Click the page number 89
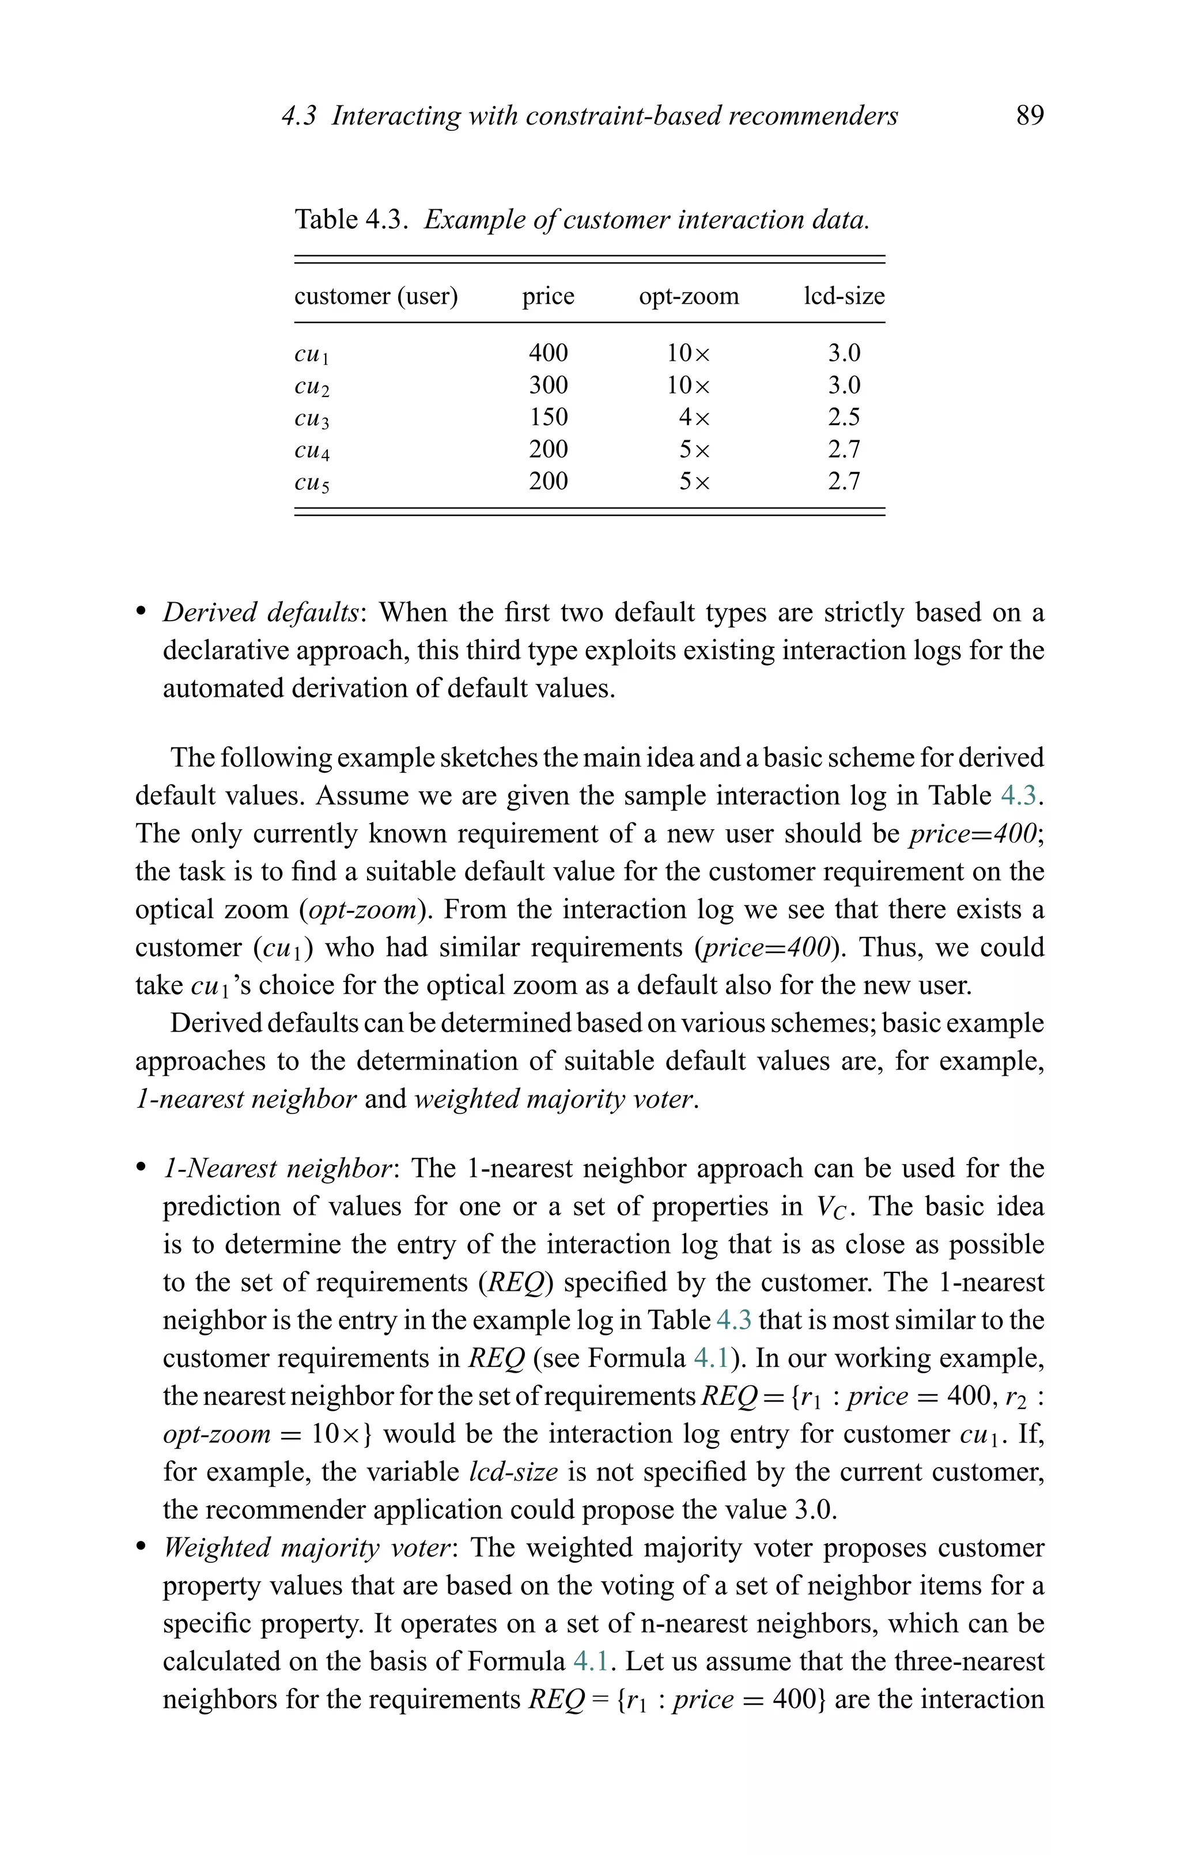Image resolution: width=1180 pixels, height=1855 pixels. point(1030,116)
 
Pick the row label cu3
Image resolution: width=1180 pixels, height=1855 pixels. point(312,419)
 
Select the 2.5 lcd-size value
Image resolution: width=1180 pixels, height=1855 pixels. point(844,418)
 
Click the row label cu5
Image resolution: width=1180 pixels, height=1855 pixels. point(312,483)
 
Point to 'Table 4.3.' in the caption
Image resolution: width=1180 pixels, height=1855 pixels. point(350,220)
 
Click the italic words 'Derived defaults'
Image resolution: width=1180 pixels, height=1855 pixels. point(260,613)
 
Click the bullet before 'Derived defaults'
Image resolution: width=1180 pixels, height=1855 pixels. point(141,613)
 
